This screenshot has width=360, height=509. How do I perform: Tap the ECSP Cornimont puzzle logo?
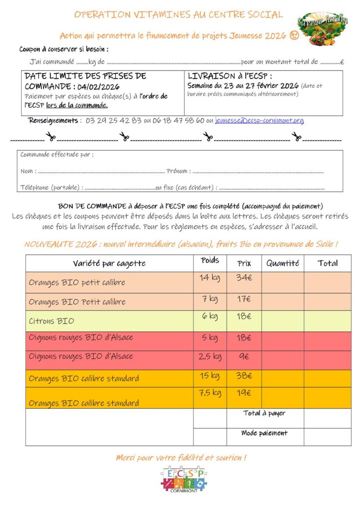coord(184,478)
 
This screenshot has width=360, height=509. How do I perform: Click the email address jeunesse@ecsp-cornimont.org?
coord(259,120)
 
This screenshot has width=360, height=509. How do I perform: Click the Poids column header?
coord(210,260)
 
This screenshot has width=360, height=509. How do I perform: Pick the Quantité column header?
coord(282,263)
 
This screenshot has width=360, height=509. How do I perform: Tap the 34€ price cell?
coord(244,277)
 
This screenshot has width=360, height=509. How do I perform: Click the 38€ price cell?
coord(244,376)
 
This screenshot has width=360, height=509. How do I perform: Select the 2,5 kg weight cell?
coord(210,356)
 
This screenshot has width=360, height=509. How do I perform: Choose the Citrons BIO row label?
coord(51,320)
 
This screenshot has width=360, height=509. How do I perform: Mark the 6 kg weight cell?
coord(210,316)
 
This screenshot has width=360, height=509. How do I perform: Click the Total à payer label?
coord(264,413)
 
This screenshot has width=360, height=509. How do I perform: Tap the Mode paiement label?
coord(264,433)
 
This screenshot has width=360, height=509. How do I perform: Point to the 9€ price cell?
coord(244,356)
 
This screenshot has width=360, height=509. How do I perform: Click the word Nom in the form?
coord(27,171)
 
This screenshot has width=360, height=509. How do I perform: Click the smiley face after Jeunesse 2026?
coord(294,36)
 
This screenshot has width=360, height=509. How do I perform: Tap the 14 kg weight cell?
coord(210,277)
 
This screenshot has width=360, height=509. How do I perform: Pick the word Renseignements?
coord(53,120)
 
